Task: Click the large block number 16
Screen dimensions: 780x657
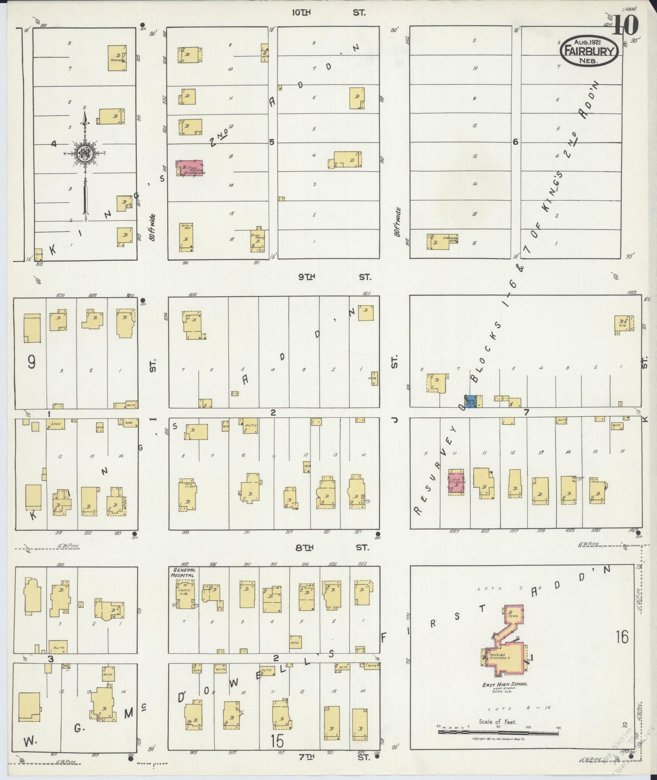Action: [x=622, y=637]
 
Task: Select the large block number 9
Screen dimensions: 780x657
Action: [x=31, y=362]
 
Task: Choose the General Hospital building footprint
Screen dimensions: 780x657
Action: [x=186, y=595]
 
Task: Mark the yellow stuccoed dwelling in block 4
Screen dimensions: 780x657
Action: [x=117, y=58]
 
